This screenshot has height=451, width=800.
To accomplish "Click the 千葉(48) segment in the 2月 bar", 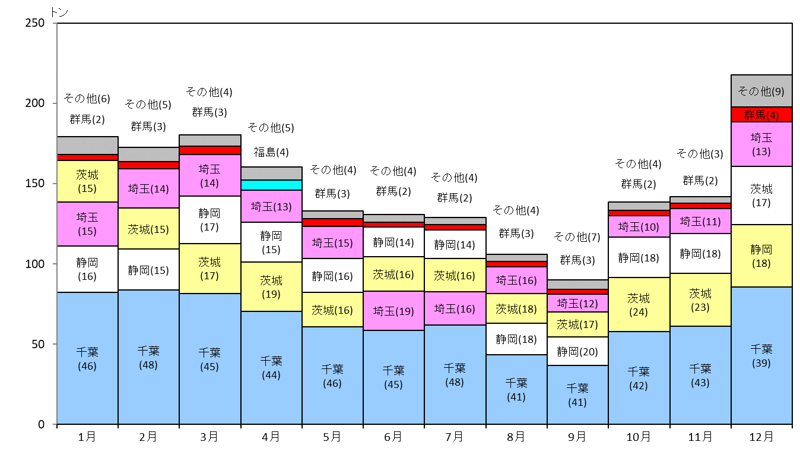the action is [148, 357].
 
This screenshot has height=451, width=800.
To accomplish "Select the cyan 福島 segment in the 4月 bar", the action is [271, 185].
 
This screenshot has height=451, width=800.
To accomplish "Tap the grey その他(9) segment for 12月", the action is [761, 91].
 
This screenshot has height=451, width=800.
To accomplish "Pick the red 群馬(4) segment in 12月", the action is [761, 115].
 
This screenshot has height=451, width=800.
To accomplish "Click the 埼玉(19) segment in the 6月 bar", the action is [393, 310].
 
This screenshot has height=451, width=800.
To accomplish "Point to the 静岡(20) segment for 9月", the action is [577, 351].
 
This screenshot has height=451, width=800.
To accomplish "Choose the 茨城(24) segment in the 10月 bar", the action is [639, 304].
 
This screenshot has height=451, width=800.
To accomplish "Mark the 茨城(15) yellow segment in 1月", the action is [87, 181].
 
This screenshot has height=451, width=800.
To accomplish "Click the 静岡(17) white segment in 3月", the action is [210, 220].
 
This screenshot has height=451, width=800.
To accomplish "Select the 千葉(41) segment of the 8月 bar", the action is [516, 389].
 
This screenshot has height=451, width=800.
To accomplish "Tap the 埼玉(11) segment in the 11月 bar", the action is [700, 221].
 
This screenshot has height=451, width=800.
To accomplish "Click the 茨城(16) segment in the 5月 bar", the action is [332, 310].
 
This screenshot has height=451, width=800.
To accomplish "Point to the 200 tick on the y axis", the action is [55, 103].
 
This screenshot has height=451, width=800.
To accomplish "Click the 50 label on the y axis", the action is [38, 345].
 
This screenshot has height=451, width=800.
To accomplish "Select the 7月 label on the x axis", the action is [454, 437].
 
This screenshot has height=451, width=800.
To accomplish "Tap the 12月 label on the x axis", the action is [761, 437].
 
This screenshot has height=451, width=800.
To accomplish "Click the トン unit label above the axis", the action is [59, 12].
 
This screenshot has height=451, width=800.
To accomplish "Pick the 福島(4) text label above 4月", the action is [271, 152].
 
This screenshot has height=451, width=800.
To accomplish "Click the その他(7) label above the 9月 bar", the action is [577, 236].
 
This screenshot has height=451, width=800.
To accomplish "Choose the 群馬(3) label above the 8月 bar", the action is [516, 234].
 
